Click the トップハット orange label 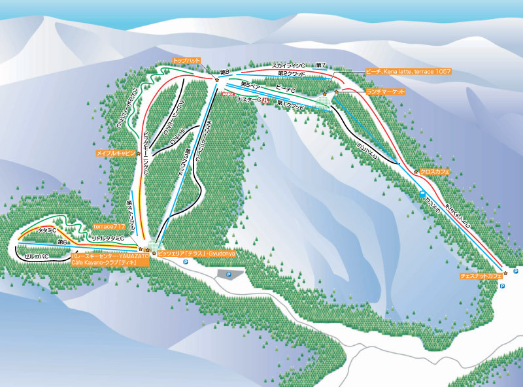point(186,60)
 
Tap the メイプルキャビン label point(115,153)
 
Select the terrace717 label point(109,226)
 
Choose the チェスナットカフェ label point(481,277)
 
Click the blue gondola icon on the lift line point(422,194)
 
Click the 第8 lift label point(224,71)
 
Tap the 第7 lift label point(320,65)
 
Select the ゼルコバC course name point(36,257)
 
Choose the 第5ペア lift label point(250,84)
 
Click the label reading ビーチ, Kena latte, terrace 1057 point(408,71)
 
